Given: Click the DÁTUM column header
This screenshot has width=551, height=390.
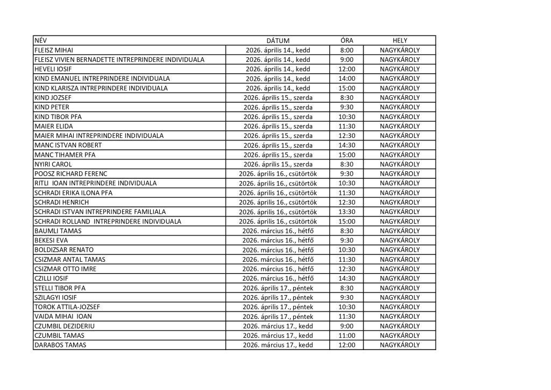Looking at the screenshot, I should (278, 40).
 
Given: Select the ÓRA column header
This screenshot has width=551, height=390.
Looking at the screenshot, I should (347, 40).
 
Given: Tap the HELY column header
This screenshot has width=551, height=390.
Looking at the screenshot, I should (399, 40).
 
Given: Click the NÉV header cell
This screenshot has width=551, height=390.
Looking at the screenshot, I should (40, 40).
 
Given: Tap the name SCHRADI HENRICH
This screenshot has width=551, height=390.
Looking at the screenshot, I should (61, 202).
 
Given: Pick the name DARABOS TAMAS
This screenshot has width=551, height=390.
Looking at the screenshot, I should (60, 345).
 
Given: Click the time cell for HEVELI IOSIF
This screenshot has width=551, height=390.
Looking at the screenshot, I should (347, 69).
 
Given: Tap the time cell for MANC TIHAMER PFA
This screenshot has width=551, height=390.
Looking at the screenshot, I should (347, 155).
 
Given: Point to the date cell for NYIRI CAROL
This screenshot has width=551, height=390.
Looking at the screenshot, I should (278, 164).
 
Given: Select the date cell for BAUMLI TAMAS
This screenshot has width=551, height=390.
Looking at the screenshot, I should (278, 231).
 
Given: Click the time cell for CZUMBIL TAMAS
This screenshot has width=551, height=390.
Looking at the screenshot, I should (347, 336).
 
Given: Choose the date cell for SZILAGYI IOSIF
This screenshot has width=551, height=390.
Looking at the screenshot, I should (278, 297).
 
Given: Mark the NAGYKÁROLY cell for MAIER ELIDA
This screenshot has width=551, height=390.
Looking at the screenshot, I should (399, 126).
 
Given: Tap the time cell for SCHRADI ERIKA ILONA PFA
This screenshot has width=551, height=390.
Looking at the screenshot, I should (347, 193).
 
